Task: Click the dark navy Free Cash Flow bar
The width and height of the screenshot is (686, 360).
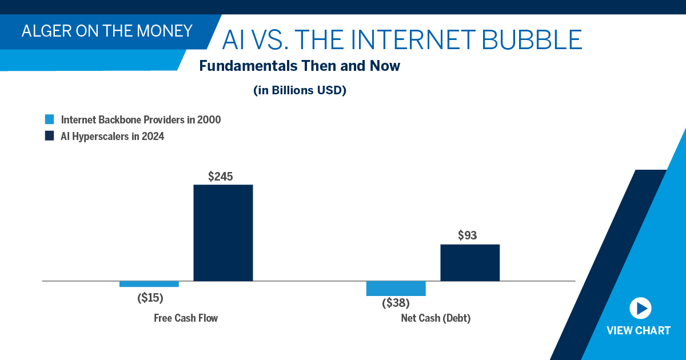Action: pos(223,233)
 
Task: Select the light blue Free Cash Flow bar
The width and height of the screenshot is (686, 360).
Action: pos(149,284)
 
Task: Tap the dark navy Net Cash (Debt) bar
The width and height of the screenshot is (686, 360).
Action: pos(470,263)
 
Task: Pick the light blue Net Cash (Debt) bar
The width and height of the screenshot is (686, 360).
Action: pos(396,289)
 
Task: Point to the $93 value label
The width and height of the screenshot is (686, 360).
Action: pos(467,235)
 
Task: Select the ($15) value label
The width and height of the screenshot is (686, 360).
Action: pos(150,298)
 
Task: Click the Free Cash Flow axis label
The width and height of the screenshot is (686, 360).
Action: pos(186,318)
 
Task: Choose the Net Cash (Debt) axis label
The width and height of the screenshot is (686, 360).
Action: pos(436,318)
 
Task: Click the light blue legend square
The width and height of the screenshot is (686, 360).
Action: pos(50,120)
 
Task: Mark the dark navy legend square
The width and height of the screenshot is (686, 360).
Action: pos(50,136)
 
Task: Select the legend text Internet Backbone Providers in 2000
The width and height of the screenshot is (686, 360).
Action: pos(141,120)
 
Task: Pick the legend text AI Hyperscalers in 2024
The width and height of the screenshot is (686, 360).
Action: pos(113,136)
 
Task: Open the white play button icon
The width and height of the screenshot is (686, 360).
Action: pos(640,309)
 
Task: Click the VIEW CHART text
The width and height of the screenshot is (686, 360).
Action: pos(639,330)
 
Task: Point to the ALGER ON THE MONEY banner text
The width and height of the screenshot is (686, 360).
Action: pos(107,30)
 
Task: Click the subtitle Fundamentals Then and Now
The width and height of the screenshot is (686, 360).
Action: pos(300,66)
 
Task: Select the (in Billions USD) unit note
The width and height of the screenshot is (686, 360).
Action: pos(300,90)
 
